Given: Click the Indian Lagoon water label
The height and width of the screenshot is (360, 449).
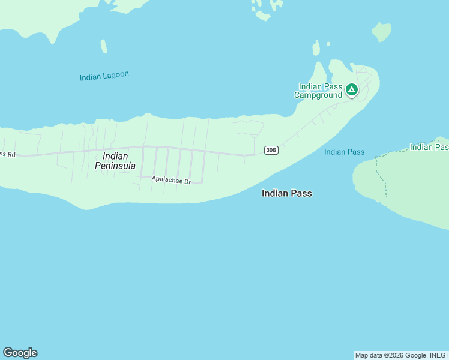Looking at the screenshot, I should click(104, 76).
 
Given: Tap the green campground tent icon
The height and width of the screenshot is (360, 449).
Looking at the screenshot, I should click(352, 91).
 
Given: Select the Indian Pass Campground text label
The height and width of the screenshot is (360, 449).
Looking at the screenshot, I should click(318, 91).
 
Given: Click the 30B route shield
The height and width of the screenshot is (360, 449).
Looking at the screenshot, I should click(271, 150).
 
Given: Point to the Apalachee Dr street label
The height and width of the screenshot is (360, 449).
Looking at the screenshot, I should click(171, 179).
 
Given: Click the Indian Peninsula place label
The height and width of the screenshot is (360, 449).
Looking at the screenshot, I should click(115, 161).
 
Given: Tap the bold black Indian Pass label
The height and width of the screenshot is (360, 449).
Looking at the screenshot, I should click(287, 193).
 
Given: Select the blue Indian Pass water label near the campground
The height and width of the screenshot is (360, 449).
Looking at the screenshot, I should click(344, 152).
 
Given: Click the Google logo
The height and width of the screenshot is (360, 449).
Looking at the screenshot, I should click(20, 353).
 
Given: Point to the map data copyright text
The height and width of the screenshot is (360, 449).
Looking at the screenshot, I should click(401, 355).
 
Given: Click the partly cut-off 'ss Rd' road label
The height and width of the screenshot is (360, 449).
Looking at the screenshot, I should click(7, 154).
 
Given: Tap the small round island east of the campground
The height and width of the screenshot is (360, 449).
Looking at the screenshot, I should click(381, 31).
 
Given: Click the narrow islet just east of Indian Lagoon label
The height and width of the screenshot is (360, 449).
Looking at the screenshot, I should click(104, 46).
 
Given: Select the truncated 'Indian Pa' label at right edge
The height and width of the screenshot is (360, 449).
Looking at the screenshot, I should click(429, 147).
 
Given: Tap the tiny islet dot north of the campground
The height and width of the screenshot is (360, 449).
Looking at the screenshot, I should click(328, 44).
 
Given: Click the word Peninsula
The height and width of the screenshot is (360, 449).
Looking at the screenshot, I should click(115, 166).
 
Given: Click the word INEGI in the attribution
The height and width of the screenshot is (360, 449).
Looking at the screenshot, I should click(438, 355).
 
